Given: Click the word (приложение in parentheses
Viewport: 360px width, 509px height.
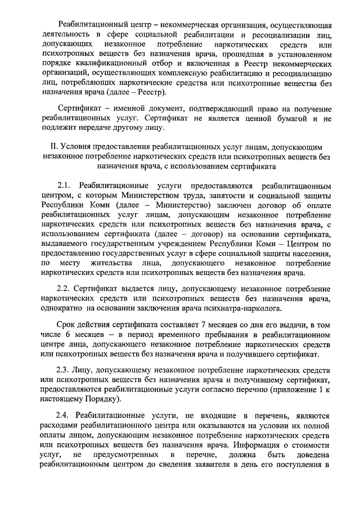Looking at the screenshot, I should (x=291, y=389).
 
